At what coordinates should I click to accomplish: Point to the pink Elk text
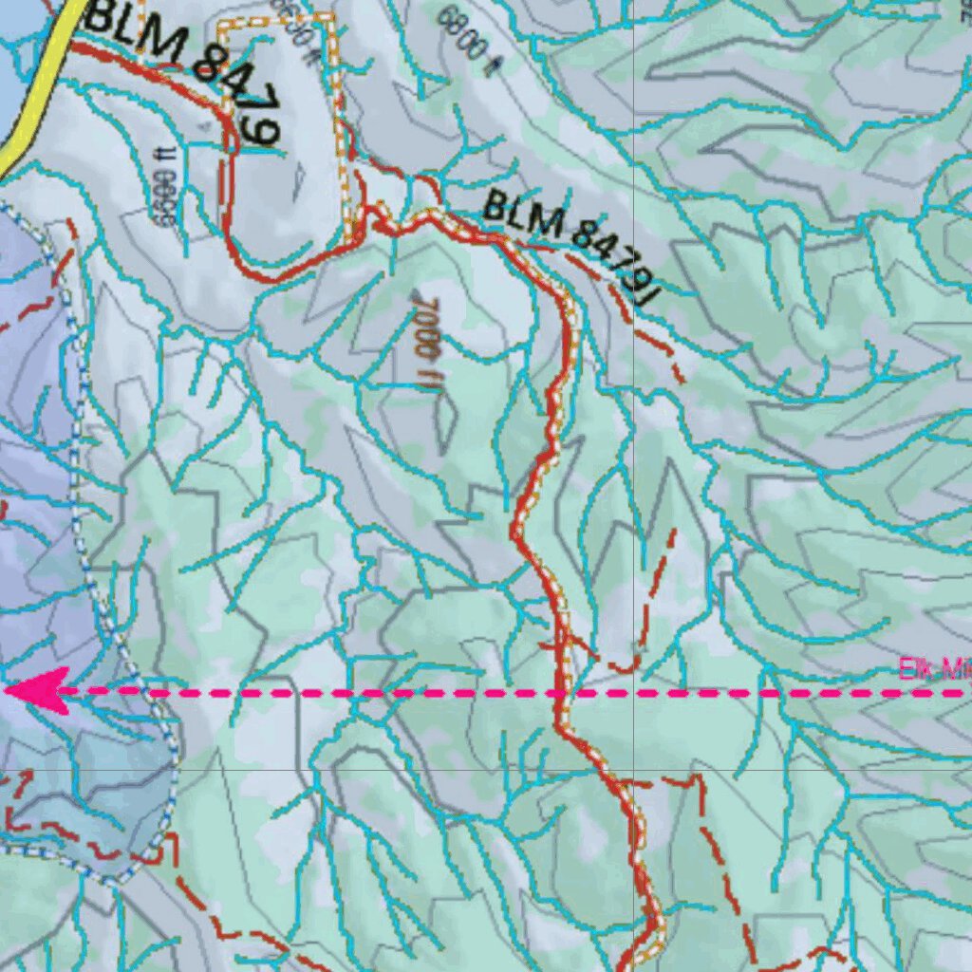click(x=917, y=670)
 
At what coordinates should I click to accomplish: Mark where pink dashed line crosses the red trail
click(x=560, y=693)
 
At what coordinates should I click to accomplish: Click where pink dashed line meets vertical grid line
click(x=634, y=693)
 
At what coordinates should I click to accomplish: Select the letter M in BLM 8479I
click(x=547, y=225)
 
